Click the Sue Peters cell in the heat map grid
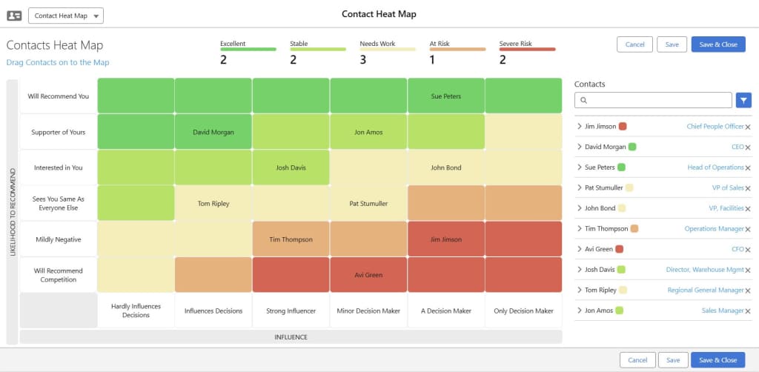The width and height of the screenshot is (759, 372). point(445,96)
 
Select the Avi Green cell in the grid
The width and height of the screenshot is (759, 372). point(368,275)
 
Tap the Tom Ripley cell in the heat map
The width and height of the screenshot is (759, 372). point(213,203)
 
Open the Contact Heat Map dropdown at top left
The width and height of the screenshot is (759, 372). point(66,16)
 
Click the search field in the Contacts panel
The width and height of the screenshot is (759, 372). point(653,100)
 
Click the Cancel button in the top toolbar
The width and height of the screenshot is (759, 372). point(634,44)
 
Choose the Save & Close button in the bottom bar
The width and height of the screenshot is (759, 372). point(717,360)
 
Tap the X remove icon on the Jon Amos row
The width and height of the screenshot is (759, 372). point(747,311)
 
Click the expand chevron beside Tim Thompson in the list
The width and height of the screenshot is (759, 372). point(579,229)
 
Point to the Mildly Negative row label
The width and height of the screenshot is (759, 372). point(58,239)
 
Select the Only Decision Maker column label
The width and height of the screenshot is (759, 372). point(523,311)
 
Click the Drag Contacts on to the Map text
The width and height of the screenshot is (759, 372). point(58,63)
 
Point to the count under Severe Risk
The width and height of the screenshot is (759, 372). point(503,60)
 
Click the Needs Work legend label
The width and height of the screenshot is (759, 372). point(377,44)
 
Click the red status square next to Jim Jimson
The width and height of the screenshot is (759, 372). point(623,127)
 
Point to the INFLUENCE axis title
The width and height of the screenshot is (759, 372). point(291,337)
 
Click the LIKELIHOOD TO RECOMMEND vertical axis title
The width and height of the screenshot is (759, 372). point(12,212)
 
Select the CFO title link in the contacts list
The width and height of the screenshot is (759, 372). point(738,250)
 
